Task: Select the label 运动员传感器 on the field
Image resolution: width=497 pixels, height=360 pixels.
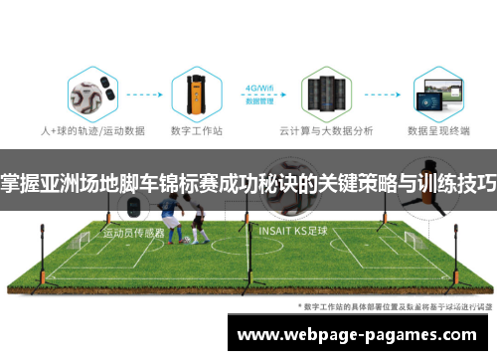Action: pos(133,236)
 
